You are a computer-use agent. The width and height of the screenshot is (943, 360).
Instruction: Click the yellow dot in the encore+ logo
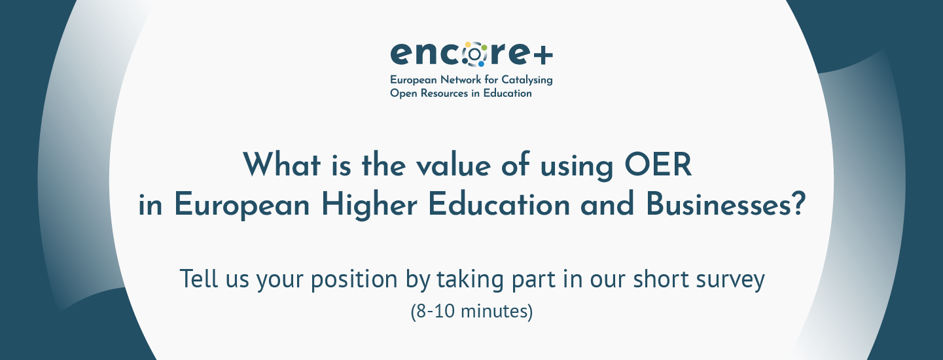click(x=468, y=45)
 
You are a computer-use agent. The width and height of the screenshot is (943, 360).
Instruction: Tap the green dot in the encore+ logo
click(x=484, y=47)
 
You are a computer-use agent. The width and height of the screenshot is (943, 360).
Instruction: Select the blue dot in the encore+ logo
click(x=481, y=64)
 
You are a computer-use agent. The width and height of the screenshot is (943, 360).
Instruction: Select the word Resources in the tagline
click(x=444, y=93)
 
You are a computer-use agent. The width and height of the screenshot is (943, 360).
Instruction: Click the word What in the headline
click(x=281, y=164)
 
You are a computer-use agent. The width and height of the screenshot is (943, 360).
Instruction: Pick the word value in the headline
click(x=454, y=165)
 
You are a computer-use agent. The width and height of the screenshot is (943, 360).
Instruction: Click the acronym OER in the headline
click(x=658, y=164)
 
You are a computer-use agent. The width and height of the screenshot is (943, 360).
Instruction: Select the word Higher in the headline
click(x=369, y=205)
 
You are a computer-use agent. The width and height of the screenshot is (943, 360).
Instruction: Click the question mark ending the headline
click(x=798, y=204)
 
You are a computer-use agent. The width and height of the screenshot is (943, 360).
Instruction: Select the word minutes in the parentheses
click(x=494, y=311)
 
